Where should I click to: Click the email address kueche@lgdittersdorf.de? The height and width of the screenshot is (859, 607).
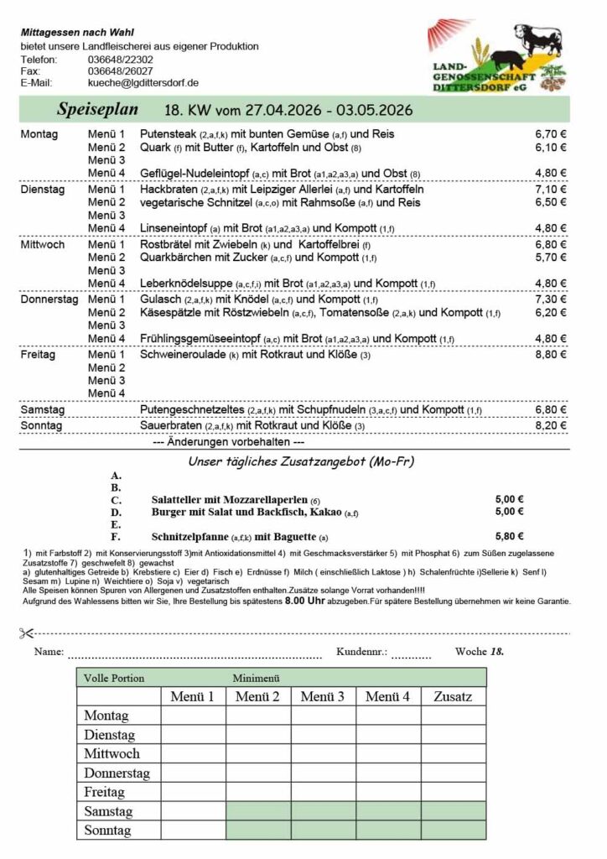[x=143, y=83]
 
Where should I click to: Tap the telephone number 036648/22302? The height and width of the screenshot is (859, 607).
[x=120, y=60]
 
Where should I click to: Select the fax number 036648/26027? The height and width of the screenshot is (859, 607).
[x=120, y=71]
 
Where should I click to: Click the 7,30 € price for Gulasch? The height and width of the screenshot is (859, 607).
[x=551, y=299]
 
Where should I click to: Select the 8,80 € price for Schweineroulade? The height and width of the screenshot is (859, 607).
[x=551, y=355]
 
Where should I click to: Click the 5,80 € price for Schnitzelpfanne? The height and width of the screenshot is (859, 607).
[x=510, y=537]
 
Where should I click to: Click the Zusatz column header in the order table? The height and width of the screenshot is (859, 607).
[x=453, y=696]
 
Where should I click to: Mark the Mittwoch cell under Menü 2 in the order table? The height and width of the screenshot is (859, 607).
[x=257, y=753]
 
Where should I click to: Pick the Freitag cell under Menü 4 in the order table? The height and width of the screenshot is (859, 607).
[x=388, y=792]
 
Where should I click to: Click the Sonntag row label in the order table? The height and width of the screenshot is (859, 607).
[x=107, y=830]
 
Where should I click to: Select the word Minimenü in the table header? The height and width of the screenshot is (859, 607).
[x=256, y=677]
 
